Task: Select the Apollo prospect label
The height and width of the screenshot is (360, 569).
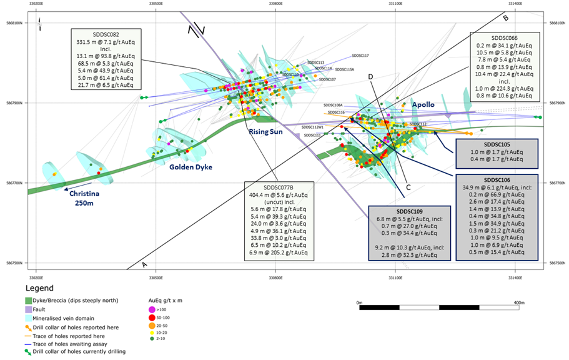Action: click(x=423, y=105)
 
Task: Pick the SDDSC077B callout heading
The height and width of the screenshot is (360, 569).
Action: click(x=279, y=186)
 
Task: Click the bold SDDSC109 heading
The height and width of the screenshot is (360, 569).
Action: click(x=406, y=212)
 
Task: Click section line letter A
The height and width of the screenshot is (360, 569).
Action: click(x=145, y=264)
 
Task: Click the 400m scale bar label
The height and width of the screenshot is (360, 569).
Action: click(x=517, y=302)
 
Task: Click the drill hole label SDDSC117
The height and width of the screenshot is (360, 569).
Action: click(x=360, y=56)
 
